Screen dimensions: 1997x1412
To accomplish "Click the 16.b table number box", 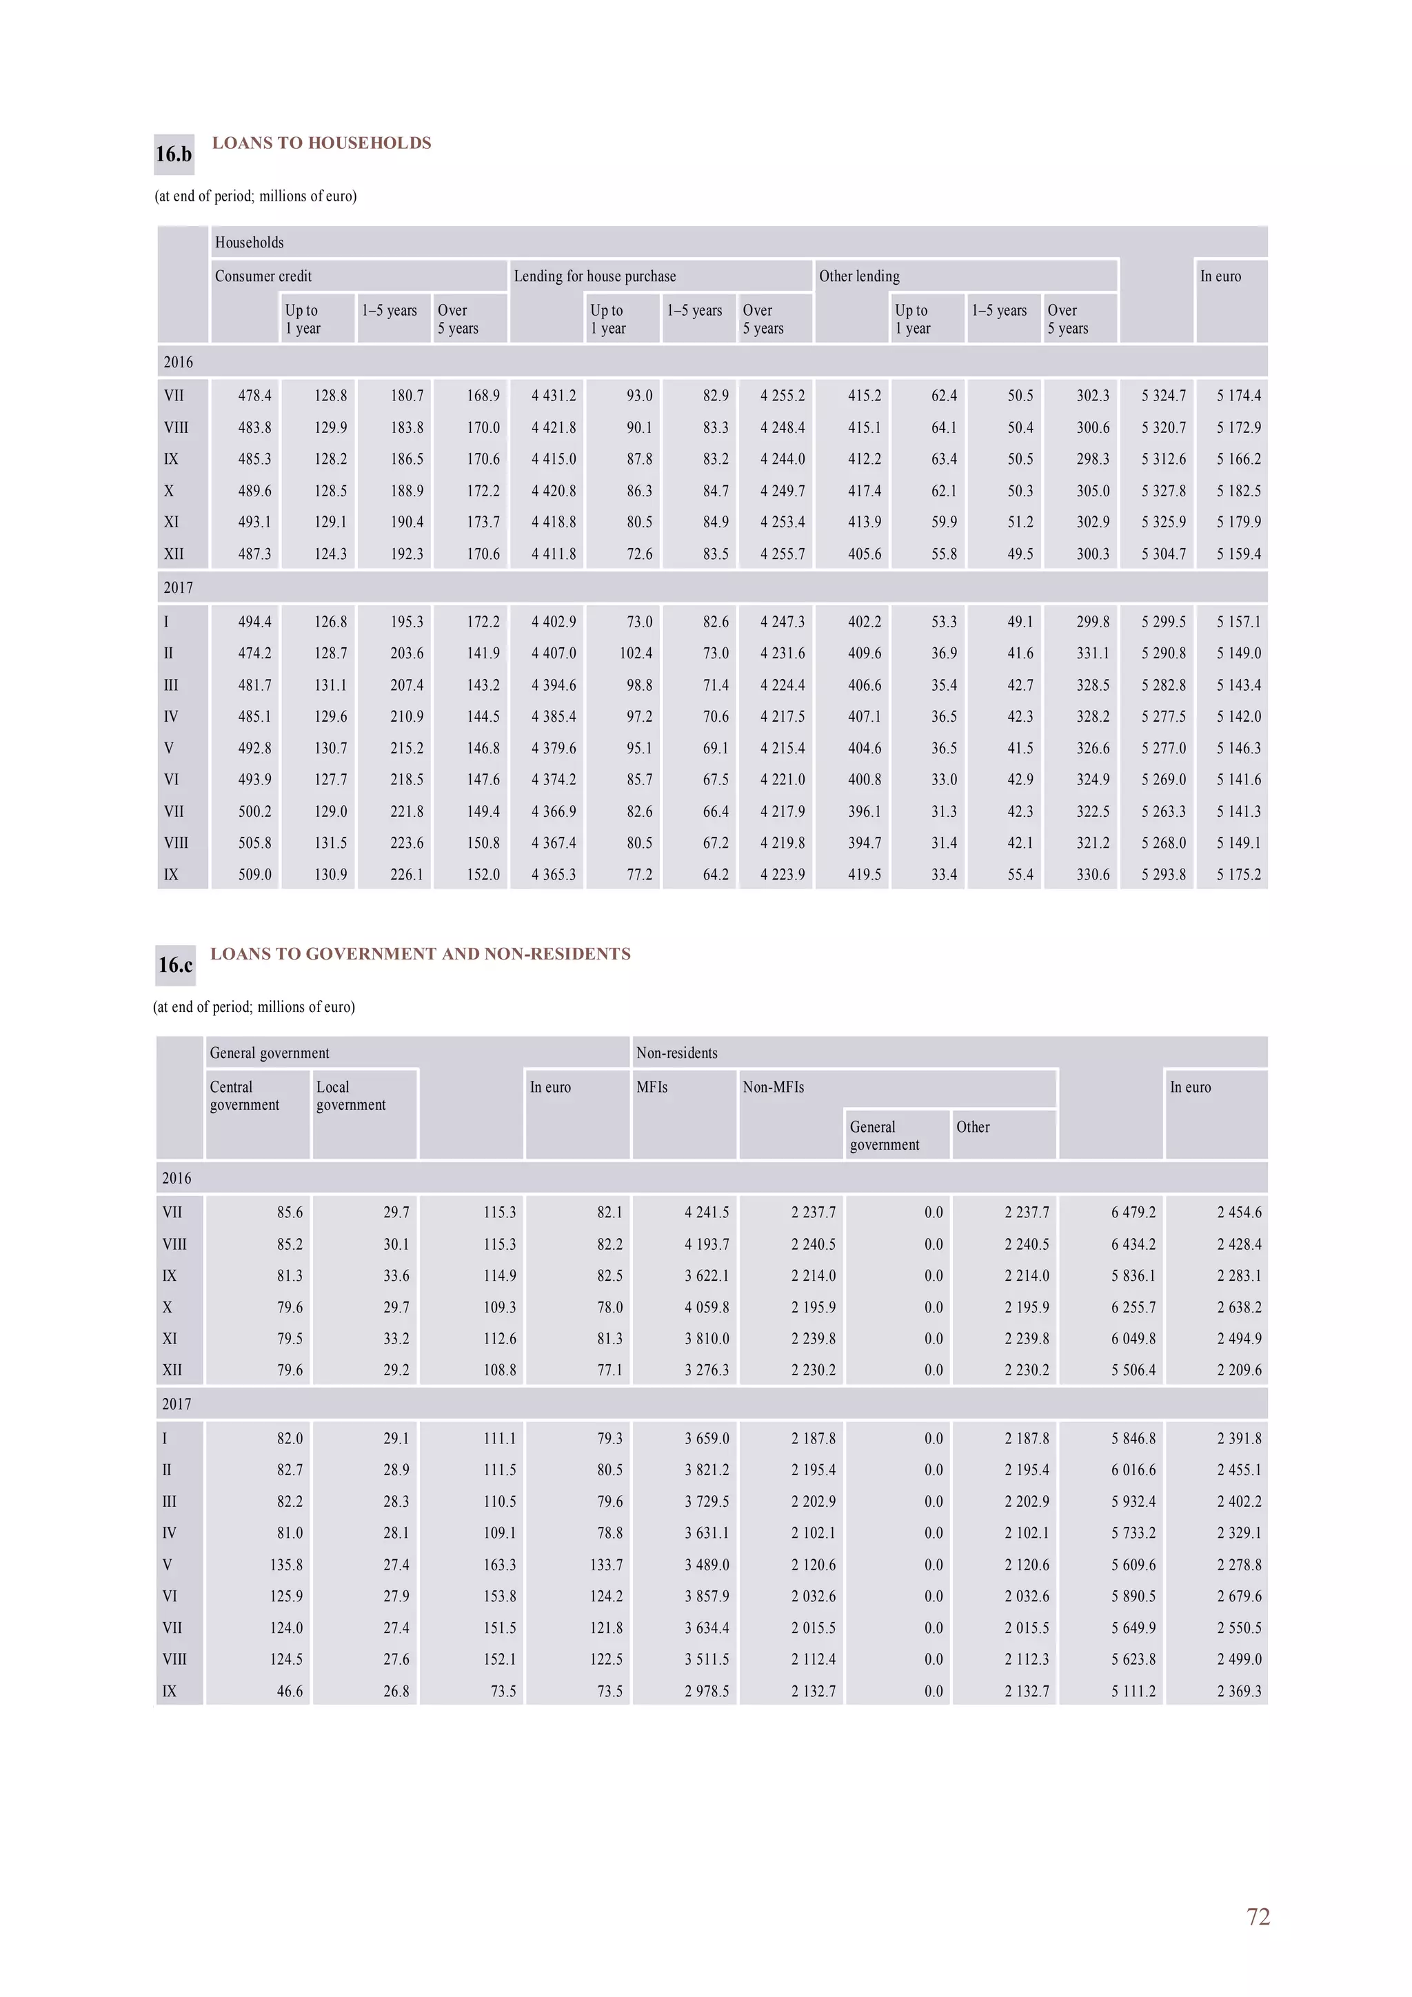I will tap(173, 155).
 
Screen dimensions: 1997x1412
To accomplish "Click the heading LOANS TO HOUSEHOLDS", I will tap(321, 143).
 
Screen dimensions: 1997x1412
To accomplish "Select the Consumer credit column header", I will tap(263, 276).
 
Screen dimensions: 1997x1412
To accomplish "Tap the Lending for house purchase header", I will tap(594, 276).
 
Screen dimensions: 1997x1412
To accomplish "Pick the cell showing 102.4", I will tap(635, 653).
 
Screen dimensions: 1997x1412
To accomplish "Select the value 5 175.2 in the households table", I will tap(1238, 874).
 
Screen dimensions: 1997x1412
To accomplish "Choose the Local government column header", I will tap(351, 1096).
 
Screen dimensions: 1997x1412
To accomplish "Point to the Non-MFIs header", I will tap(773, 1087).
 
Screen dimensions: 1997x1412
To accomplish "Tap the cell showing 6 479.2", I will tap(1133, 1213).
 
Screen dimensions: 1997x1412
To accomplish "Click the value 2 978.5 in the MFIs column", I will tap(707, 1691).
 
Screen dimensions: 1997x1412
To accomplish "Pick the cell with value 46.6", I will tap(289, 1691).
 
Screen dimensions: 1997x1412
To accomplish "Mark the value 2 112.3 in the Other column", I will tap(1027, 1659).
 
